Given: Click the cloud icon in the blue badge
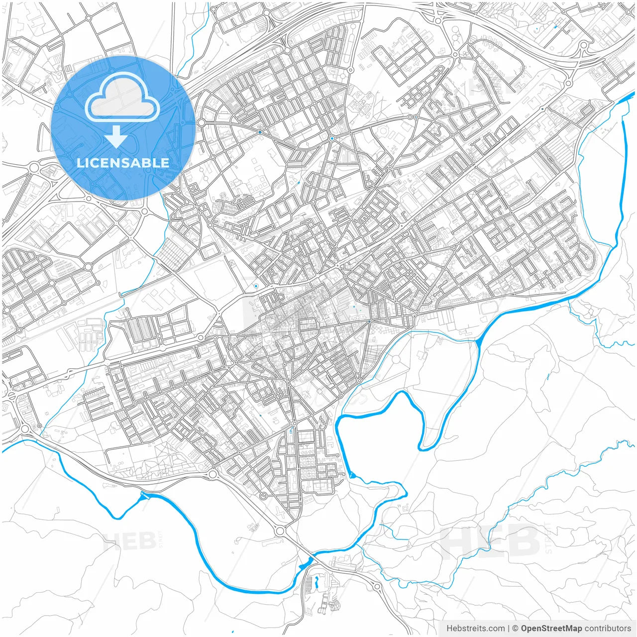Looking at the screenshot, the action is pyautogui.click(x=122, y=97).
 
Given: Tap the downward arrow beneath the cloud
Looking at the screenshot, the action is pyautogui.click(x=116, y=137).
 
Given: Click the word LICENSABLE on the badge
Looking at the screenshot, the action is pyautogui.click(x=123, y=163).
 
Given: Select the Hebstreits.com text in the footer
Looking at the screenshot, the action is pyautogui.click(x=475, y=629).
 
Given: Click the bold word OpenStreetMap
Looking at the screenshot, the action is pyautogui.click(x=551, y=629).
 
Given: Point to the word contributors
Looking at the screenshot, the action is pyautogui.click(x=608, y=629).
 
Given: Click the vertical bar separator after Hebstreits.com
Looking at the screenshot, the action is pyautogui.click(x=509, y=629).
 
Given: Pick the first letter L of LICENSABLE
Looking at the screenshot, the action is pyautogui.click(x=80, y=163).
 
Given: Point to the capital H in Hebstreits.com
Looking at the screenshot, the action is pyautogui.click(x=450, y=629).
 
